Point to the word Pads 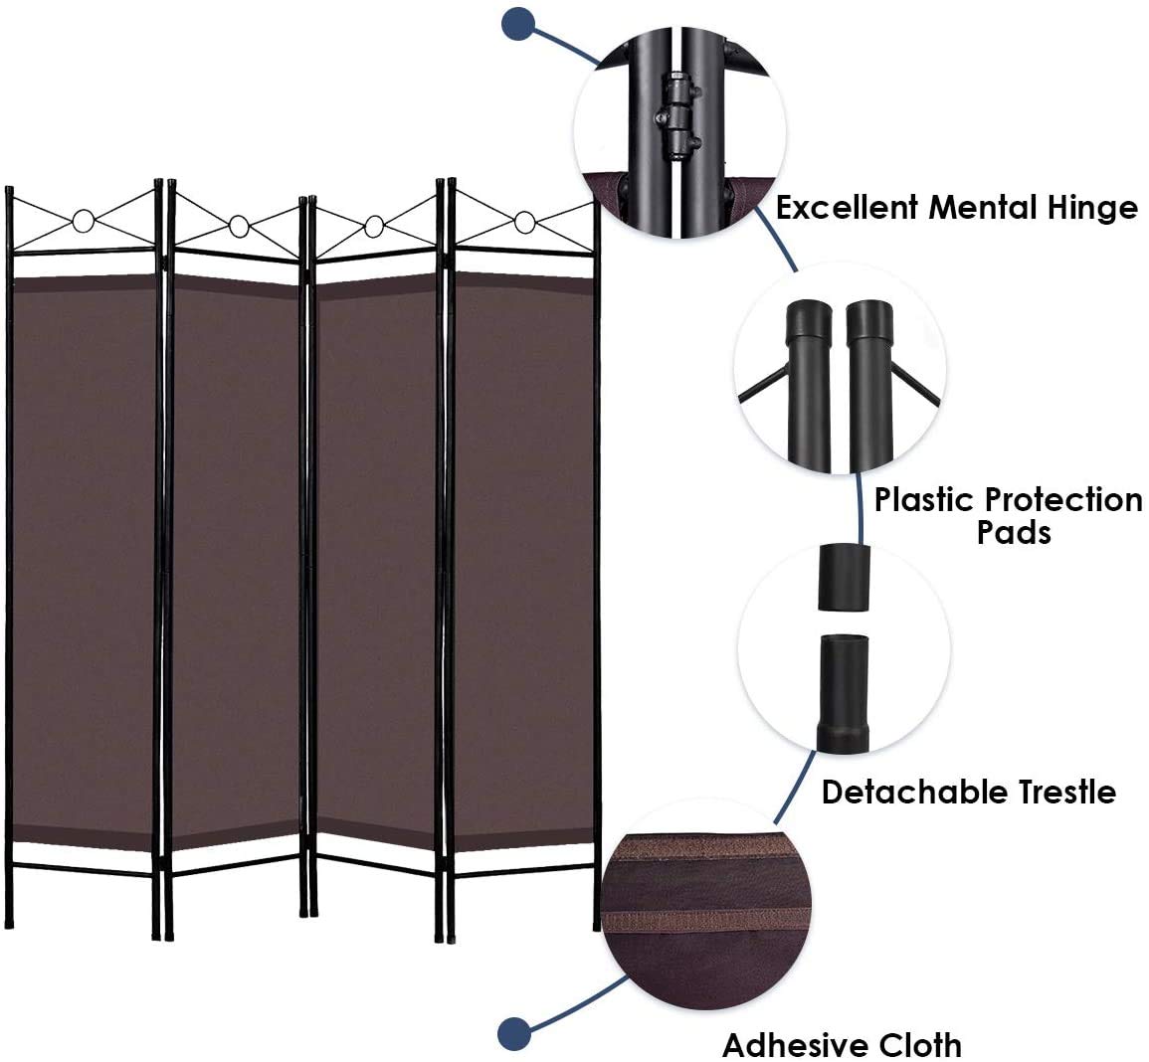point(1014,532)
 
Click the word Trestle point(1058,792)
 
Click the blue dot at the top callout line point(517,24)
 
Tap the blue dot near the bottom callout point(513,1033)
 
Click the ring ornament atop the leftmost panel point(84,221)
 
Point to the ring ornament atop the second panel point(237,227)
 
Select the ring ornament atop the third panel point(374,226)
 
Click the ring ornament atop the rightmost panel point(524,222)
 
